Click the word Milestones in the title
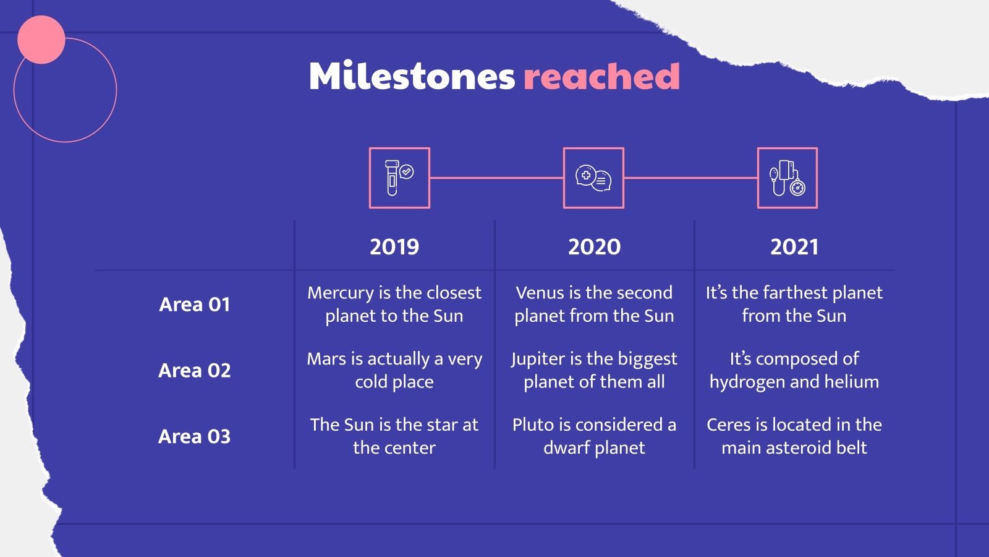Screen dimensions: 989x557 tap(412, 76)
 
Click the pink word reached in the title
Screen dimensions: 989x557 tap(602, 76)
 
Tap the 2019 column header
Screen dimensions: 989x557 tap(394, 247)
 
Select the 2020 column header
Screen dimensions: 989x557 tap(594, 247)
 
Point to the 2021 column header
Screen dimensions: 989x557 tap(794, 247)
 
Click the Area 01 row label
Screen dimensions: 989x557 tap(194, 304)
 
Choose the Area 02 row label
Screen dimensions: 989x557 tap(194, 371)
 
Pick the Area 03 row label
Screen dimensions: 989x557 tap(194, 436)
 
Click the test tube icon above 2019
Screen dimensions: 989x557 tap(399, 178)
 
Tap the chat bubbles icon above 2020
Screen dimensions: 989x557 tap(593, 178)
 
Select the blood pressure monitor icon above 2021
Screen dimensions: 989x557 tap(787, 178)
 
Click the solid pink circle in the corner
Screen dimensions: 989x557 tap(41, 40)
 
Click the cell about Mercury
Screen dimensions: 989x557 tap(394, 304)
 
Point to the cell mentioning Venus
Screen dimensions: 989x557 tap(594, 304)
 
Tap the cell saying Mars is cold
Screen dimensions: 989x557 tap(394, 370)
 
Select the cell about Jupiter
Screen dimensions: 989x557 tap(594, 370)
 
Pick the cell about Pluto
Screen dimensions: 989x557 tap(594, 436)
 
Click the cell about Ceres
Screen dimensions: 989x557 tap(794, 436)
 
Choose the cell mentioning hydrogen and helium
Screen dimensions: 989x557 tap(794, 370)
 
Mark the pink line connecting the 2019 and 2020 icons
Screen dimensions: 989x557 tap(496, 178)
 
